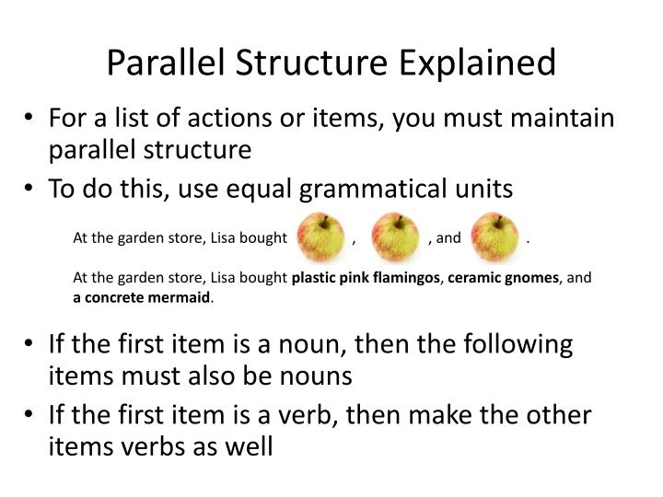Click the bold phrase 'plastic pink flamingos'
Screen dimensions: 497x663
366,277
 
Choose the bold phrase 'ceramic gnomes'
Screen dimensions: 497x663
503,277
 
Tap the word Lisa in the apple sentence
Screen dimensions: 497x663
221,238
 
